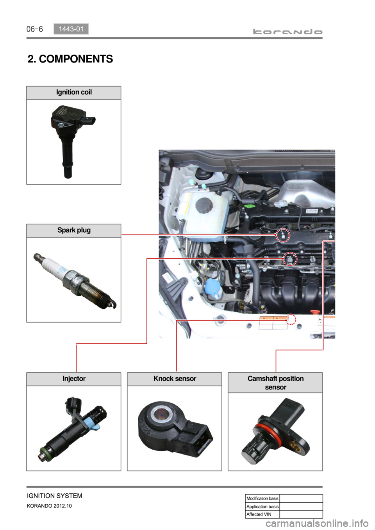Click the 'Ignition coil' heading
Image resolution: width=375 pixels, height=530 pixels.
coord(74,92)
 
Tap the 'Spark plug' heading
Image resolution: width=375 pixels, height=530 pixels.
coord(74,230)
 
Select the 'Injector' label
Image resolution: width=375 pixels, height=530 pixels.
coord(74,379)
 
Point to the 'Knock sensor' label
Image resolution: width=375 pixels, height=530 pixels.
coord(175,379)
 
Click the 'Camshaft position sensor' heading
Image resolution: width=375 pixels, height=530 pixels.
coord(275,383)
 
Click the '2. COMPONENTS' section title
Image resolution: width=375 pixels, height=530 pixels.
coord(70,59)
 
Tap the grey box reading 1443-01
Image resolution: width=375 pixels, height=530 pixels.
coord(71,29)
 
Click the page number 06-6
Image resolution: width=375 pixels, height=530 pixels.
coord(34,29)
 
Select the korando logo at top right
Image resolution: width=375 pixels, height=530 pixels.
coord(287,32)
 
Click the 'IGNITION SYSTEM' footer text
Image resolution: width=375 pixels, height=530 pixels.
coord(55,496)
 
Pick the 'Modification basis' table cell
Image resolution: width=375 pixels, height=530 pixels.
coord(262,498)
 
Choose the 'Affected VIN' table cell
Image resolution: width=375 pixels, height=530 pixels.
coord(262,514)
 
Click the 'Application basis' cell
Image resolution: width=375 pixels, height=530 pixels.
coord(262,507)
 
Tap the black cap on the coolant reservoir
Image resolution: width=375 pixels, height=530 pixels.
coord(204,205)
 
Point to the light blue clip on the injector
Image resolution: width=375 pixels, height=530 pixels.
coord(92,424)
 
